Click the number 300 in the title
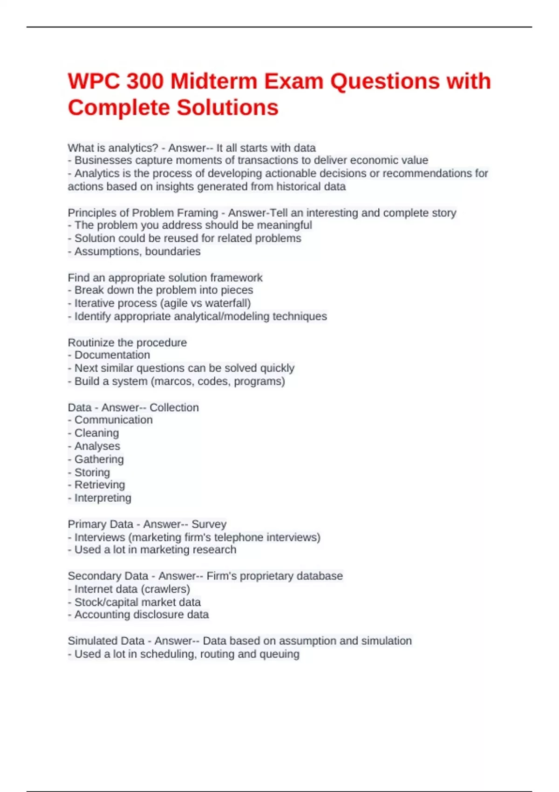pos(145,82)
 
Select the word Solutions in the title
pos(227,108)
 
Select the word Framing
pos(198,213)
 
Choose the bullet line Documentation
pos(112,355)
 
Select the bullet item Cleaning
pos(96,433)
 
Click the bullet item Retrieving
pos(100,485)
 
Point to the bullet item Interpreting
pos(102,498)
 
